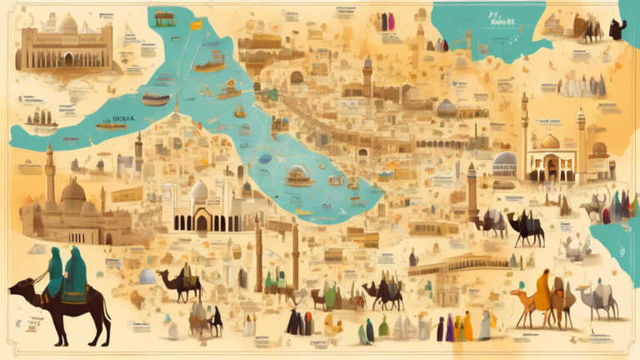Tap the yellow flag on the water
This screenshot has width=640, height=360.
click(x=197, y=25)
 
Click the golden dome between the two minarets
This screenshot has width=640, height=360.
click(x=550, y=141)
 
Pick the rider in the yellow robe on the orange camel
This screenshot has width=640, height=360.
click(x=542, y=289)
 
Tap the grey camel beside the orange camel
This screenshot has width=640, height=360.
click(x=598, y=298)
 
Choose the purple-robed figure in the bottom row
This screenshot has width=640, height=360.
click(x=450, y=327)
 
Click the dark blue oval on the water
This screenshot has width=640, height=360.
click(x=264, y=158)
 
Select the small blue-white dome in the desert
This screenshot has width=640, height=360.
click(x=147, y=276)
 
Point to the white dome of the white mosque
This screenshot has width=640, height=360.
click(x=199, y=191)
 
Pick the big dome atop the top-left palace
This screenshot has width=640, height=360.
click(x=67, y=24)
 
